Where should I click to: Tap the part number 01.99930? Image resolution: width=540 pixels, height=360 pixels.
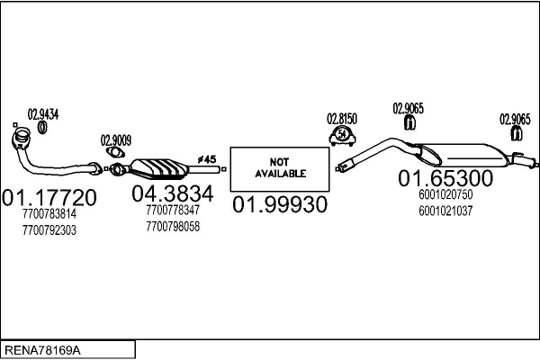coord(280,205)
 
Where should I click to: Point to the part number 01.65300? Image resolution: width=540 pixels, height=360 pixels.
coord(446,178)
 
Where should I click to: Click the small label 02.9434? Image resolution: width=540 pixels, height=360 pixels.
coord(42,114)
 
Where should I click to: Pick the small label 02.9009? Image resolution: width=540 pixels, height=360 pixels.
coord(116,139)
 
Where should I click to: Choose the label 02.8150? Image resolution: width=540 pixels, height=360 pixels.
coord(342,118)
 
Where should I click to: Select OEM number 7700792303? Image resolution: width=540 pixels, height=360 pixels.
coord(49,229)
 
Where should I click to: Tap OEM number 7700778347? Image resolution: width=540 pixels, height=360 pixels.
coord(172,210)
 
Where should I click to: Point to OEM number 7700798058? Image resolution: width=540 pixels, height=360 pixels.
coord(172,226)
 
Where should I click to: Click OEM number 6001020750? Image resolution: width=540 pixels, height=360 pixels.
coord(445,194)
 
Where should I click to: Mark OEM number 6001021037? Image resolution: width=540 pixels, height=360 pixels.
coord(445,211)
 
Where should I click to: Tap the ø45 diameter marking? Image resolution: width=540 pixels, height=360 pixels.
coord(206,157)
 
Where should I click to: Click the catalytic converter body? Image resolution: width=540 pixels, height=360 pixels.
coord(160,168)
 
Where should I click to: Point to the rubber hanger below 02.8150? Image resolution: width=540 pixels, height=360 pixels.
coord(342,136)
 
